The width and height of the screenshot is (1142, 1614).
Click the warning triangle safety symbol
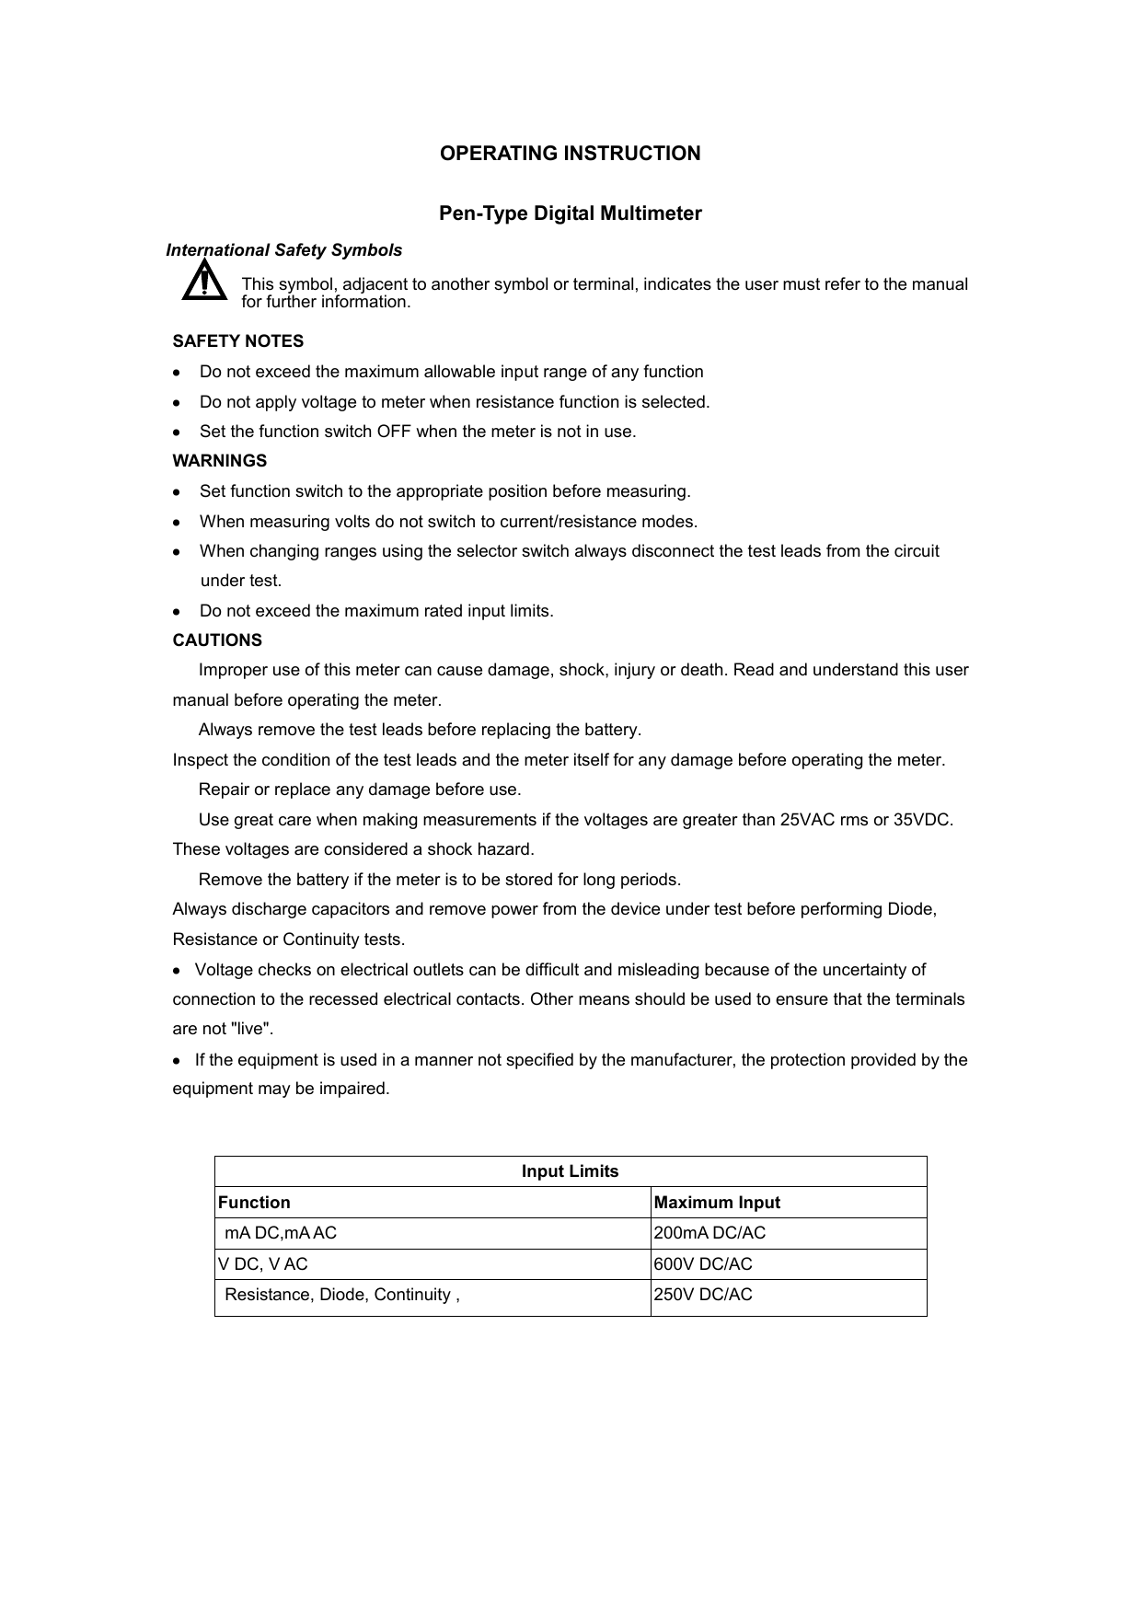204,281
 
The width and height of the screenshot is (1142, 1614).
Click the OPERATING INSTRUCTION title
570,154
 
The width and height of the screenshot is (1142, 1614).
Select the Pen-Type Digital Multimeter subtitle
570,214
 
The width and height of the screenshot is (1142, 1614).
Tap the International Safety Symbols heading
283,250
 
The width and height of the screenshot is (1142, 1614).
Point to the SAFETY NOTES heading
238,341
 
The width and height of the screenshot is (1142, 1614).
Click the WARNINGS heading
220,461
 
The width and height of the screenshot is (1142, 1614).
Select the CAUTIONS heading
217,640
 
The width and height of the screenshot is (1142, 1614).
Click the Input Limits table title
570,1171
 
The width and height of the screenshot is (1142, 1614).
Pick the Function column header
254,1203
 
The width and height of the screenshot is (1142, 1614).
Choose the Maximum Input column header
716,1203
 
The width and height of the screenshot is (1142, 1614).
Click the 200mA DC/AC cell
709,1233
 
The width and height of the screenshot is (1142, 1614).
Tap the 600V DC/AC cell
702,1264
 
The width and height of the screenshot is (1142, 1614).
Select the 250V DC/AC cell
702,1295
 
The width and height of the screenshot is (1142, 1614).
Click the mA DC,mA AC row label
281,1233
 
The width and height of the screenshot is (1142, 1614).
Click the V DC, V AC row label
263,1264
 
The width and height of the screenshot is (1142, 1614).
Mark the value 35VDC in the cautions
922,820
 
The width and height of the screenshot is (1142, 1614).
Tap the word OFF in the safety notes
394,432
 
